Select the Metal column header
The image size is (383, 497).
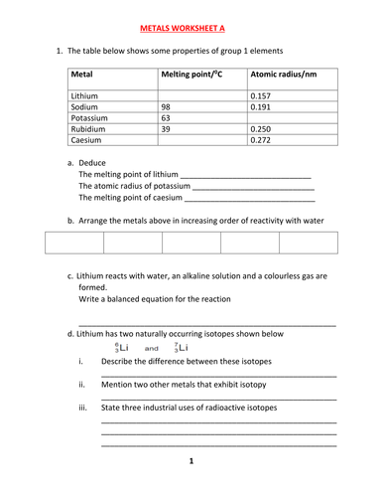coord(83,75)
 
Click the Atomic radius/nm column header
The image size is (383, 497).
coord(284,75)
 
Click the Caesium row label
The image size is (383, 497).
coord(88,140)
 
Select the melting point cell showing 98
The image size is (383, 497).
coord(167,106)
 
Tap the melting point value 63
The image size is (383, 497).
coord(167,117)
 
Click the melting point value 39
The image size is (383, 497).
coord(167,129)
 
